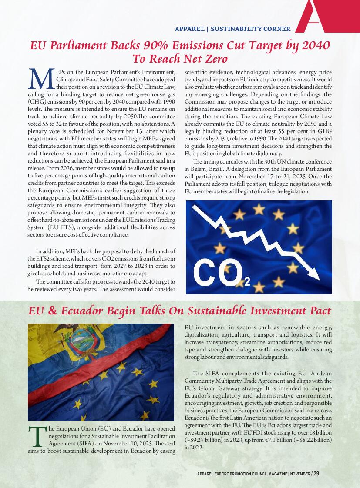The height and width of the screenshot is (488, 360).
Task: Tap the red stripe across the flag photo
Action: (87, 374)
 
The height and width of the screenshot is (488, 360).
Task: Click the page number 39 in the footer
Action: (316, 474)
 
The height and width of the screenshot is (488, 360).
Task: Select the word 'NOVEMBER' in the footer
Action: (300, 474)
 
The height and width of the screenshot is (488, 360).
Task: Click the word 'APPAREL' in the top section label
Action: (189, 29)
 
